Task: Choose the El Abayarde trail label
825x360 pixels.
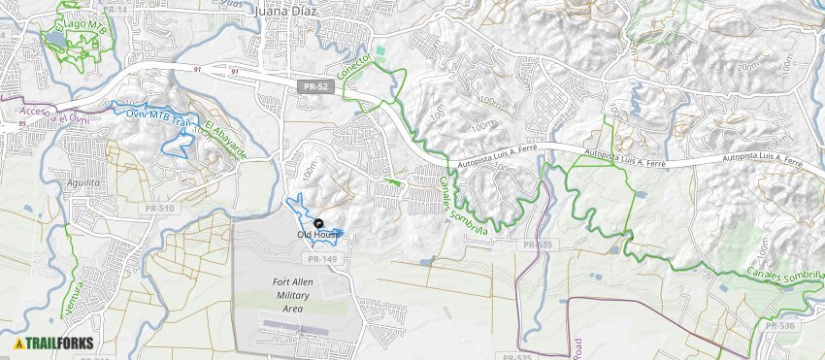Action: (x=225, y=139)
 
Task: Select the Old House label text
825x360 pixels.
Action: (x=318, y=234)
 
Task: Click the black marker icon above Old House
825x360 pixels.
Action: (x=319, y=223)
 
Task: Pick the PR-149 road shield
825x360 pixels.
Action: (x=321, y=259)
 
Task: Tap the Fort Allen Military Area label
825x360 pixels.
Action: (x=291, y=295)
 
